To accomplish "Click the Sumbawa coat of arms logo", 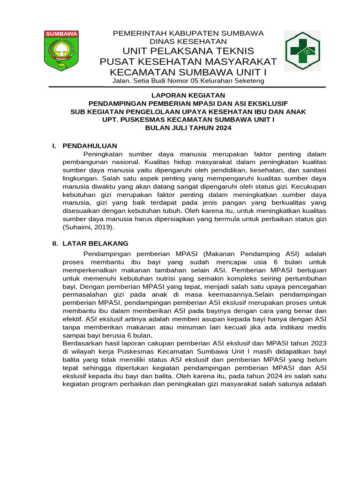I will [61, 51].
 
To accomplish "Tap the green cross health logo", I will [302, 51].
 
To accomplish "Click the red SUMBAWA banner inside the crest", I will [61, 34].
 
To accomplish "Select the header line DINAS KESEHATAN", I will [188, 42].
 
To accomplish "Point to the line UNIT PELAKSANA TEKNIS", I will [188, 51].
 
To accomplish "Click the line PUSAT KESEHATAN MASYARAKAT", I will [188, 62].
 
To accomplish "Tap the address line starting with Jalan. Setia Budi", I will [188, 81].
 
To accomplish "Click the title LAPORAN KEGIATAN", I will [188, 95].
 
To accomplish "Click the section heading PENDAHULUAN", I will [90, 146].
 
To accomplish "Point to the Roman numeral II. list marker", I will [54, 243].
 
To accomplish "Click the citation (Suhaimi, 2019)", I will [88, 227].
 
